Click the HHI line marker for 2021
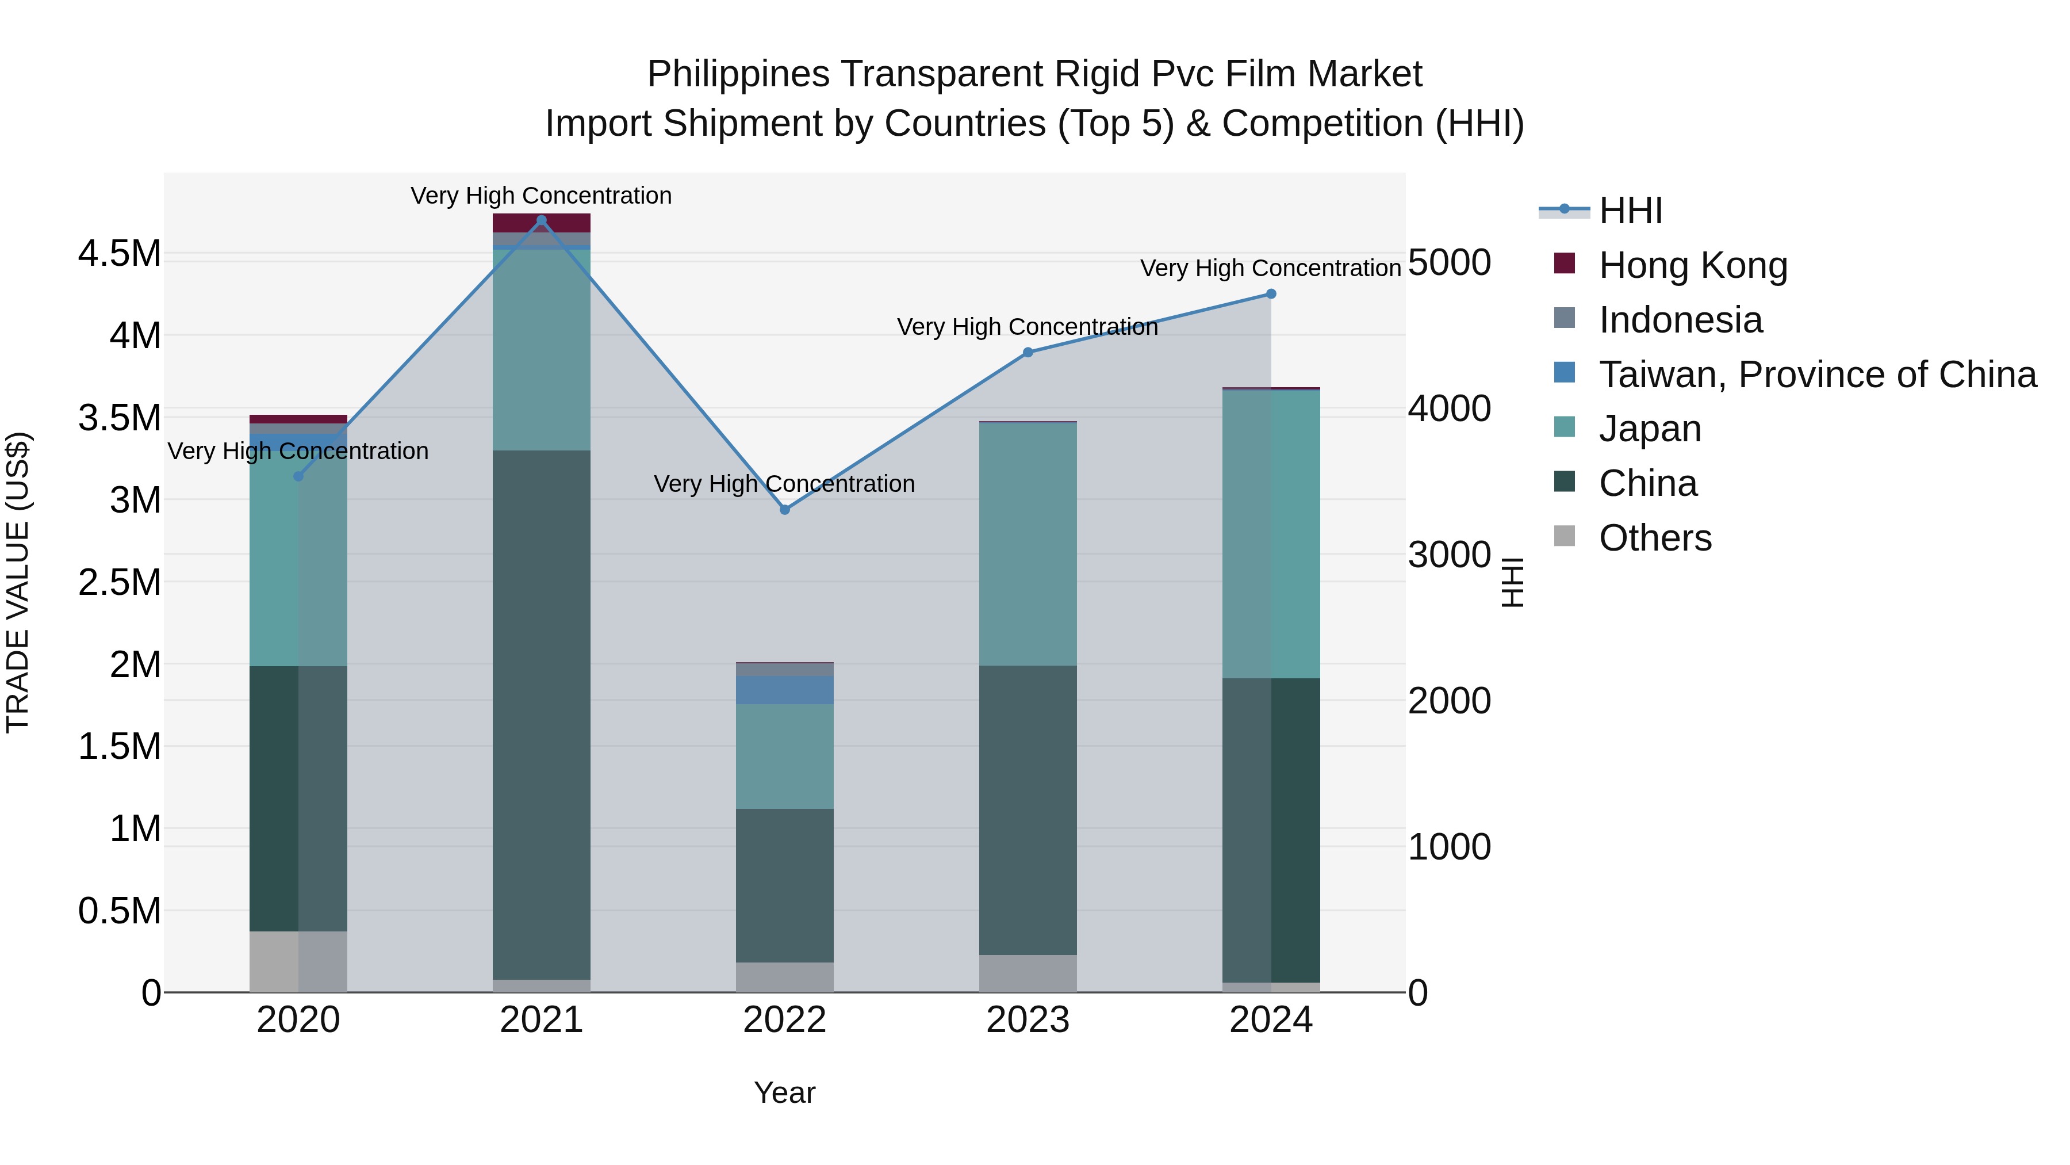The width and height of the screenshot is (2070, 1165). [541, 220]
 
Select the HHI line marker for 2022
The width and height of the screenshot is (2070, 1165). [785, 510]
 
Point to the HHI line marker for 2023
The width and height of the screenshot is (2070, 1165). [1028, 352]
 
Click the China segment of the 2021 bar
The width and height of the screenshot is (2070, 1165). [541, 716]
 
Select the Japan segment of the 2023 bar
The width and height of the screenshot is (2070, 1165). [1028, 544]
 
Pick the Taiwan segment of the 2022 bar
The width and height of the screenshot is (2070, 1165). [785, 690]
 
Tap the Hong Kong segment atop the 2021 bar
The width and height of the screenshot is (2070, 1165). [541, 223]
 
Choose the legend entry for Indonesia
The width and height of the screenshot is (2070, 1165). [1680, 320]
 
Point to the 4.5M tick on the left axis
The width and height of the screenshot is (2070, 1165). [119, 254]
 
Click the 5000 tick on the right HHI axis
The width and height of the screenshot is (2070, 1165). [1449, 262]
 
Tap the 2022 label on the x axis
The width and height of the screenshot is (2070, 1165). [785, 1020]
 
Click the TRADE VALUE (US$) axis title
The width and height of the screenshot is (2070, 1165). [18, 582]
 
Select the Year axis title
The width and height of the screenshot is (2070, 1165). [784, 1093]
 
